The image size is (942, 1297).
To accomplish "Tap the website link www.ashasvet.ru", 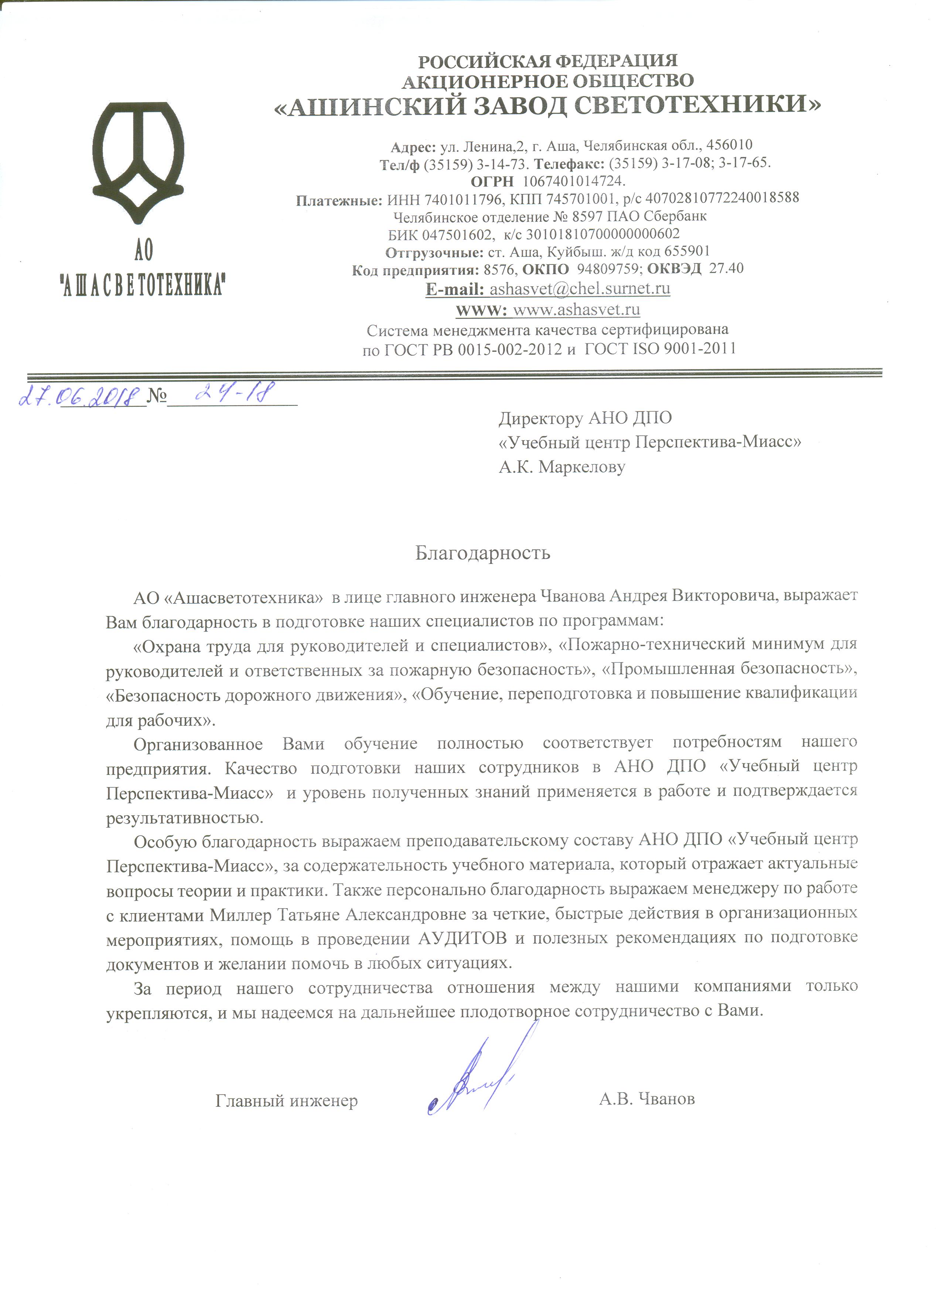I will point(576,310).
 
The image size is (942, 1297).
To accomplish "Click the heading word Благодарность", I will point(482,553).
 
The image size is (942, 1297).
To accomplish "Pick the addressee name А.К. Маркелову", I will point(562,467).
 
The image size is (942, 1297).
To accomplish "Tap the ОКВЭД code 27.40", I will point(726,268).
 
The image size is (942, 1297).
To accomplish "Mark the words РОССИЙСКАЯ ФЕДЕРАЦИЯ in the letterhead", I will point(547,61).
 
